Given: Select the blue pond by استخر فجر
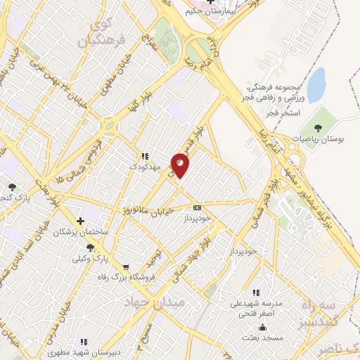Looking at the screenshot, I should tap(317, 84).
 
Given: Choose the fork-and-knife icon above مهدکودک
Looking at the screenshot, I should tap(144, 157).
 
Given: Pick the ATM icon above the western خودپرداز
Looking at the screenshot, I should tap(197, 207).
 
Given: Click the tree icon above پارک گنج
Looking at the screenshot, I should tap(13, 186).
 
